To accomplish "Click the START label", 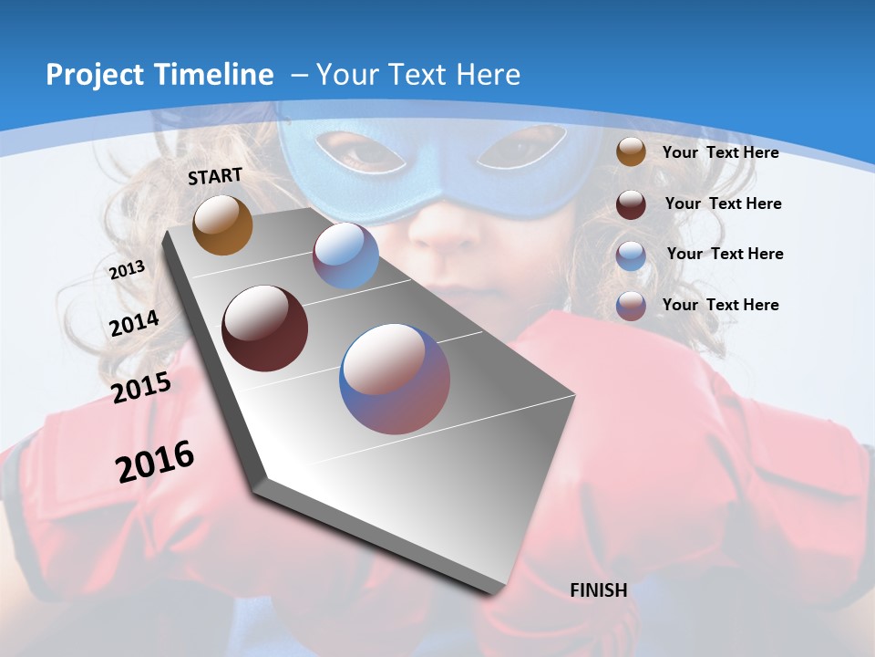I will click(215, 176).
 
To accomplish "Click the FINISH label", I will click(598, 590).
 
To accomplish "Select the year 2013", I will click(127, 269).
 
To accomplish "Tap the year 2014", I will click(134, 324).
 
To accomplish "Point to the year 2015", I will click(141, 387).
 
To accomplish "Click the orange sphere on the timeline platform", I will click(222, 225).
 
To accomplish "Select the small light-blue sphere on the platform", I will click(345, 255).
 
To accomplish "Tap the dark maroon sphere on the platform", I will click(264, 328).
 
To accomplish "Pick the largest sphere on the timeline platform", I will click(395, 379).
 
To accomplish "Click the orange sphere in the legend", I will click(631, 152).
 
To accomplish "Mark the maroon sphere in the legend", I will click(631, 203).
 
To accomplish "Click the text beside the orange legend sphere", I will click(720, 152).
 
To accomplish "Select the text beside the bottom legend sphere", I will click(720, 305).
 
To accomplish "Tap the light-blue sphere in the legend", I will click(631, 255).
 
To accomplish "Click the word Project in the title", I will click(92, 75).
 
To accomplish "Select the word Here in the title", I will click(487, 75).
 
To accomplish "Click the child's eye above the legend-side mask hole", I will click(527, 148).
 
